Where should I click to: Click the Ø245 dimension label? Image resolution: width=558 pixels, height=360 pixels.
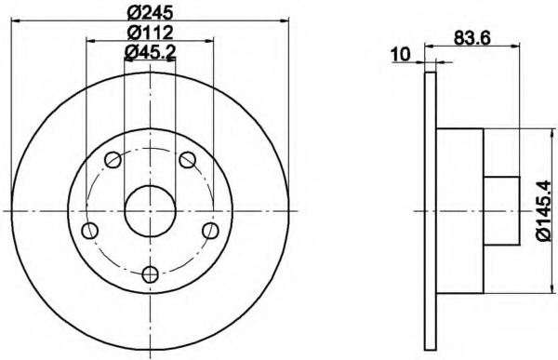[150, 13]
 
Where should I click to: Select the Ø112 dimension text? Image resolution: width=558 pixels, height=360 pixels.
[150, 33]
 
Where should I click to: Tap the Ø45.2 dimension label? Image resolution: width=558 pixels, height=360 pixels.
[150, 52]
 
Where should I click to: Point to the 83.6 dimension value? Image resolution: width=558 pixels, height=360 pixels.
[472, 38]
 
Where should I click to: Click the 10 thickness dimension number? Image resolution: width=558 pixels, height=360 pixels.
[401, 55]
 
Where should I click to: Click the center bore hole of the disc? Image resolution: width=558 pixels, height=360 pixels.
[150, 211]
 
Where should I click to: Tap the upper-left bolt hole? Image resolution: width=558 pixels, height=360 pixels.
[113, 159]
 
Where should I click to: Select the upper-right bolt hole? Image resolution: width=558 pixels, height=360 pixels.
[187, 159]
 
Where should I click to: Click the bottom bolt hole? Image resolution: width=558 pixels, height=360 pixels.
[150, 274]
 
